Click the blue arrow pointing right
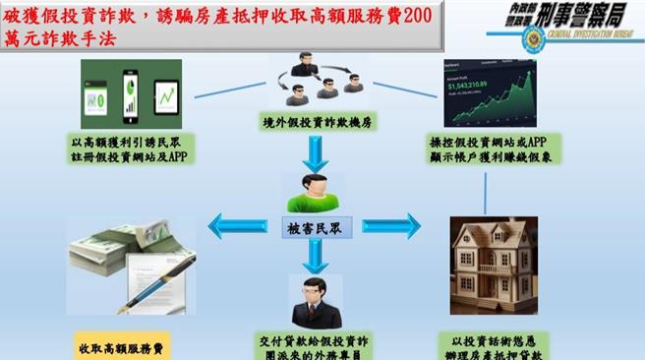390,226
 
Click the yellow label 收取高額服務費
123,347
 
